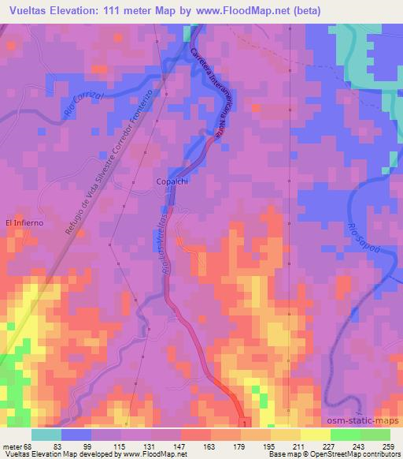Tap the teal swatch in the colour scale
tap(47, 434)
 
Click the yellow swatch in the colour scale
tap(315, 434)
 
